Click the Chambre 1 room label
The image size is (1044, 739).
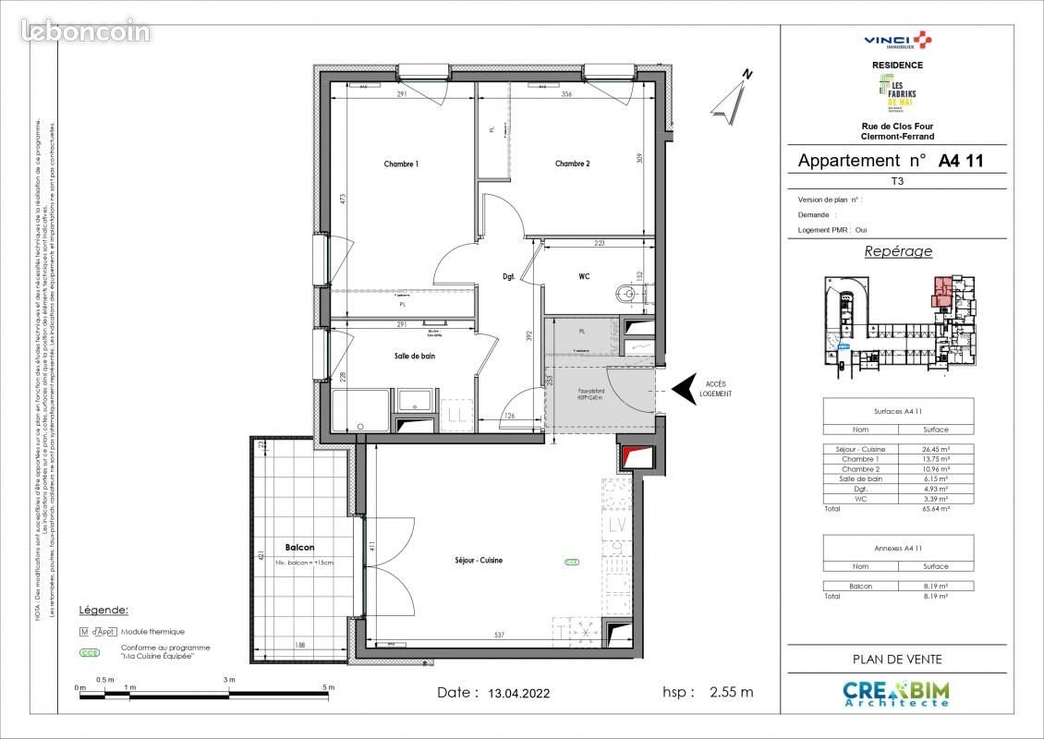pyautogui.click(x=401, y=164)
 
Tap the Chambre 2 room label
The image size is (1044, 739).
pyautogui.click(x=572, y=164)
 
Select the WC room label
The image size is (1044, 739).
pyautogui.click(x=584, y=276)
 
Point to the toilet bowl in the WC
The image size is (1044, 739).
pyautogui.click(x=628, y=295)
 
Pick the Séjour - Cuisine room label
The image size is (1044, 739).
pyautogui.click(x=478, y=561)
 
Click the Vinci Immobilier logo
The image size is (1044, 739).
pyautogui.click(x=896, y=40)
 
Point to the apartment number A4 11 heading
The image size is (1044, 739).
pyautogui.click(x=961, y=161)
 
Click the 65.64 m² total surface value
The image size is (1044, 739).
pyautogui.click(x=936, y=508)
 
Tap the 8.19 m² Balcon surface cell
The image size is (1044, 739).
pyautogui.click(x=936, y=586)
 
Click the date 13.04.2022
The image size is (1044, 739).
pyautogui.click(x=518, y=693)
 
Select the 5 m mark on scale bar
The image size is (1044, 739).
pyautogui.click(x=328, y=688)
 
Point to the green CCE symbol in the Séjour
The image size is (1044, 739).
pyautogui.click(x=572, y=562)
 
